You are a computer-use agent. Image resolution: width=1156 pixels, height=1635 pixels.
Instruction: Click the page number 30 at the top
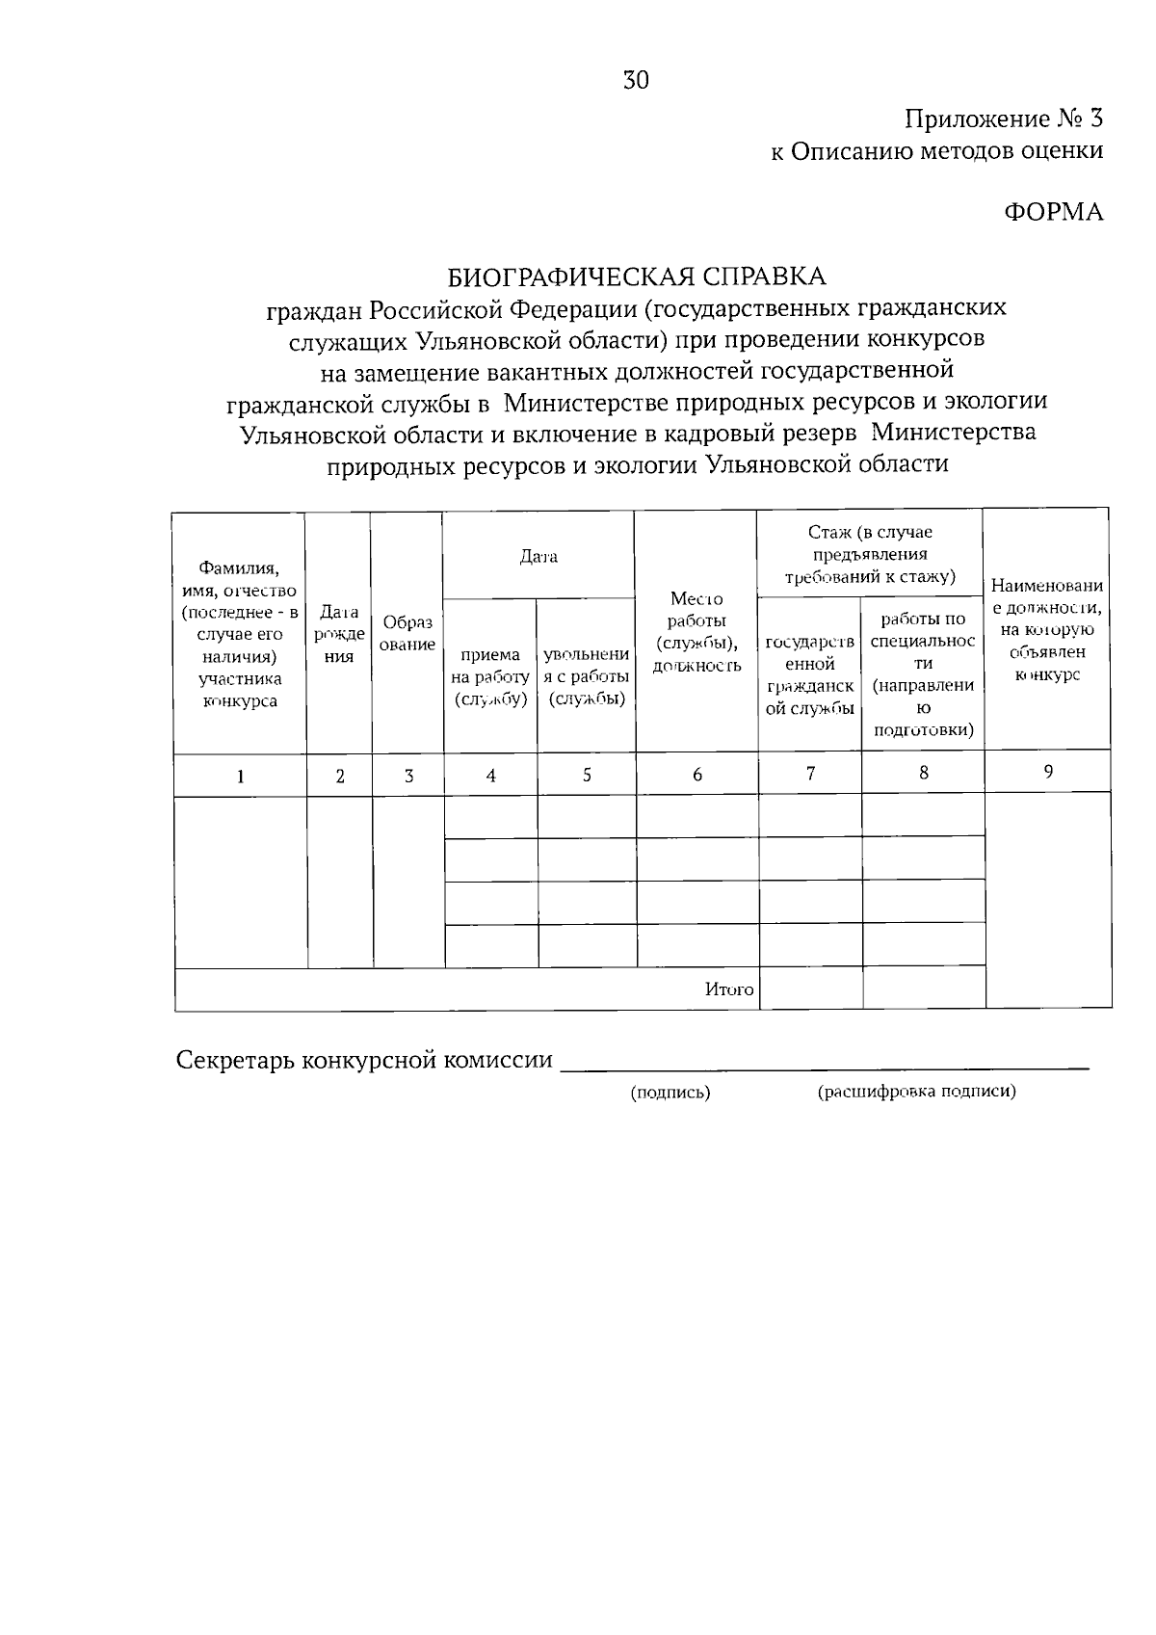[x=636, y=81]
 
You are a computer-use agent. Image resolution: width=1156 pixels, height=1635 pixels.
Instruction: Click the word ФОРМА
[x=1054, y=212]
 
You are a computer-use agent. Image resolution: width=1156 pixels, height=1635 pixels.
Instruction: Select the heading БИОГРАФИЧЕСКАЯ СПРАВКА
[x=637, y=277]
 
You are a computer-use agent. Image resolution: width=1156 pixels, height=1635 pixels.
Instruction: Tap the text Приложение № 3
[x=1003, y=119]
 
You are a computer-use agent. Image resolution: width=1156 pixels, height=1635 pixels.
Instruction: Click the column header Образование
[x=407, y=634]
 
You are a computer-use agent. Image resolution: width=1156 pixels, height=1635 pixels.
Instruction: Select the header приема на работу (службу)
[x=490, y=677]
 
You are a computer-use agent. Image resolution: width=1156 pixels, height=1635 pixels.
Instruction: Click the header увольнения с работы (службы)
[x=587, y=677]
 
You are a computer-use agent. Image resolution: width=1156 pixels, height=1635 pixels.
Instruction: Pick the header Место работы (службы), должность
[x=696, y=632]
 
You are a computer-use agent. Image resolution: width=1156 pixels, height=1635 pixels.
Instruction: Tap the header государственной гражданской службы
[x=810, y=674]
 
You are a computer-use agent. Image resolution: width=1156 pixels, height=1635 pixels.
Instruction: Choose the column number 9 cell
[x=1047, y=772]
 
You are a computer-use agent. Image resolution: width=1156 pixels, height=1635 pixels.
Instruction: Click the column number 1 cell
[x=240, y=776]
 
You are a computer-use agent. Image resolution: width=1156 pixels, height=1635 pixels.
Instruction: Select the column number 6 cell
[x=696, y=775]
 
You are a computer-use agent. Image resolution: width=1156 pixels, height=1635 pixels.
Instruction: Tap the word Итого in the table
[x=728, y=989]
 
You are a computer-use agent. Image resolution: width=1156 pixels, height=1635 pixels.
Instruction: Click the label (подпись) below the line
[x=670, y=1093]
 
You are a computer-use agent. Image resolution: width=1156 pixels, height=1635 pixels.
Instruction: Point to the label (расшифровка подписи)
[x=916, y=1092]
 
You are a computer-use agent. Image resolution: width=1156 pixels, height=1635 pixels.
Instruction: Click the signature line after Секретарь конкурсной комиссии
[x=825, y=1066]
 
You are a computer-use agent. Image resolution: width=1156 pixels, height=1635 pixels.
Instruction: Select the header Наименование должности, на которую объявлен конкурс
[x=1047, y=630]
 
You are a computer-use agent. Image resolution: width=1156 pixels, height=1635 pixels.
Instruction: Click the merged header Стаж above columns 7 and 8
[x=870, y=554]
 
